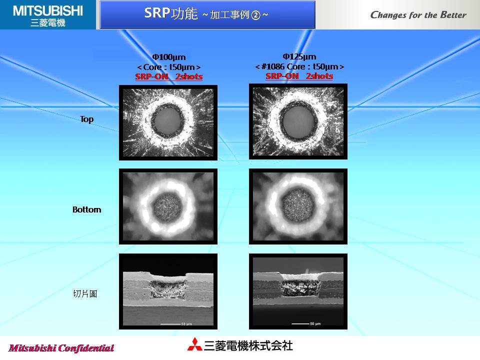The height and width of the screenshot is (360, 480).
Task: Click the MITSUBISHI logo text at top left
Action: point(48,11)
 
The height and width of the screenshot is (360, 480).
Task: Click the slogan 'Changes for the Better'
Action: point(418,14)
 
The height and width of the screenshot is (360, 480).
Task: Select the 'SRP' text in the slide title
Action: point(157,13)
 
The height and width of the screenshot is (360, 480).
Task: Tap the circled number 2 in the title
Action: point(255,15)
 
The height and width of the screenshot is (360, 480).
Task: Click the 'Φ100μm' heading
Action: point(168,57)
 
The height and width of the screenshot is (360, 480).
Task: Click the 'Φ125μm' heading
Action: point(299,56)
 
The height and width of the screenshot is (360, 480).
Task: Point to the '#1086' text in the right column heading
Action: point(273,66)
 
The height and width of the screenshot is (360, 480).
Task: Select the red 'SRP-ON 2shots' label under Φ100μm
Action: point(168,76)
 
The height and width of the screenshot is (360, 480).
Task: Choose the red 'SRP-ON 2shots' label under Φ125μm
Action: point(299,76)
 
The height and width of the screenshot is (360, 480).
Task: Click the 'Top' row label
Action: point(86,119)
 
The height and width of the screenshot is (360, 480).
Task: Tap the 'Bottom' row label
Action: point(86,209)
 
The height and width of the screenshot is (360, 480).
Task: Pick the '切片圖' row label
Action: point(85,294)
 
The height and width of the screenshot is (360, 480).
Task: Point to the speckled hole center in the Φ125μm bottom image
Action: point(298,205)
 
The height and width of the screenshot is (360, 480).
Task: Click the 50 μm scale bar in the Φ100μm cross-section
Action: point(170,324)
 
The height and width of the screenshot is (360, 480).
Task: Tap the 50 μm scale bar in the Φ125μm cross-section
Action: point(300,323)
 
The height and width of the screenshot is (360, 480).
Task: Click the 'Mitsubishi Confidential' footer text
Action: point(61,348)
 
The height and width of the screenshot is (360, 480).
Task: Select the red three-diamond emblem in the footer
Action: point(194,344)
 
